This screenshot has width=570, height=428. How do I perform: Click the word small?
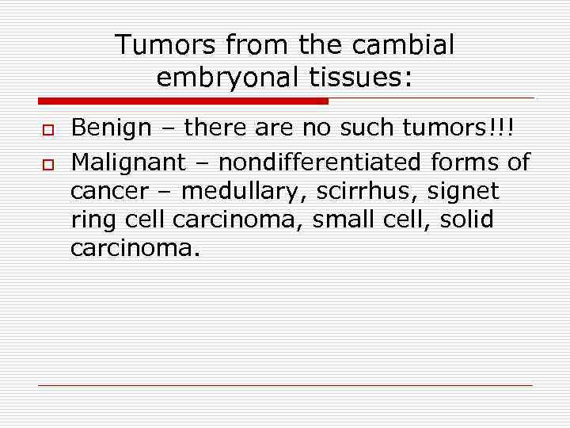[346, 220]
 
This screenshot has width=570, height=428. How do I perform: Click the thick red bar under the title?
[183, 101]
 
